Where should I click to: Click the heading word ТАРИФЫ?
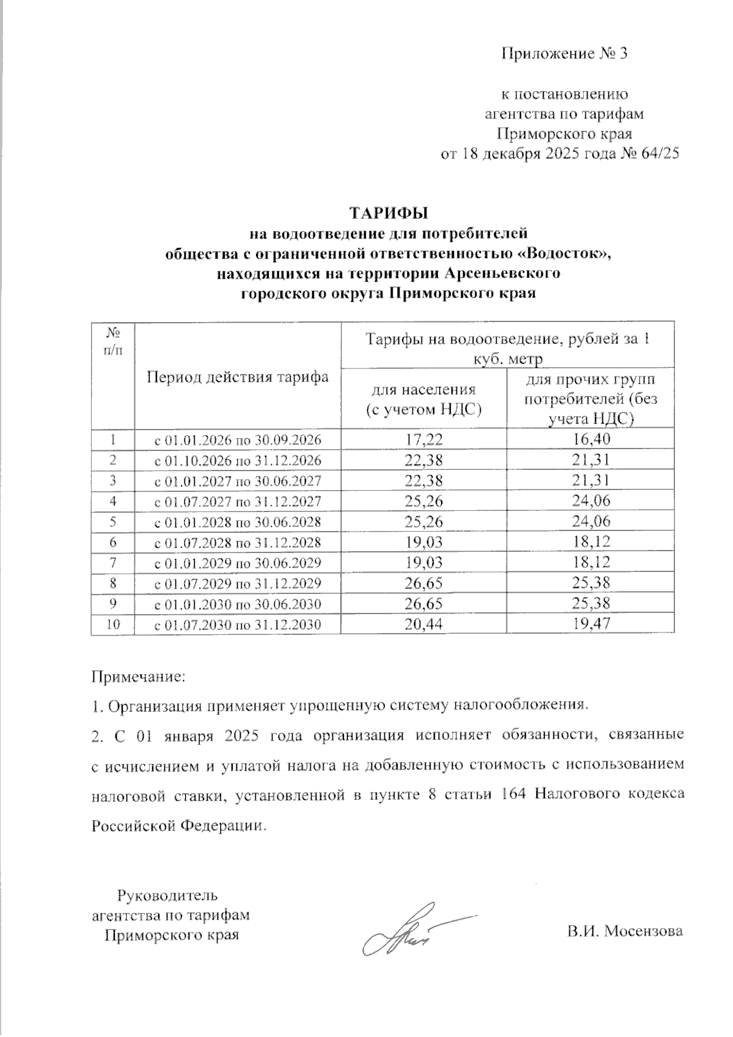[x=388, y=214]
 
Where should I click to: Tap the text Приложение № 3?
[x=564, y=54]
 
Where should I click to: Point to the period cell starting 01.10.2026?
[x=237, y=460]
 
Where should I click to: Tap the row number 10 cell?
[x=112, y=624]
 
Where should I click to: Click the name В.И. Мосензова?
[x=624, y=933]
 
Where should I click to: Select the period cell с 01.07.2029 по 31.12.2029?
[x=237, y=584]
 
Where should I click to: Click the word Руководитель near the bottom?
[x=167, y=896]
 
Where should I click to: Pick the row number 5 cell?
[x=112, y=521]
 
